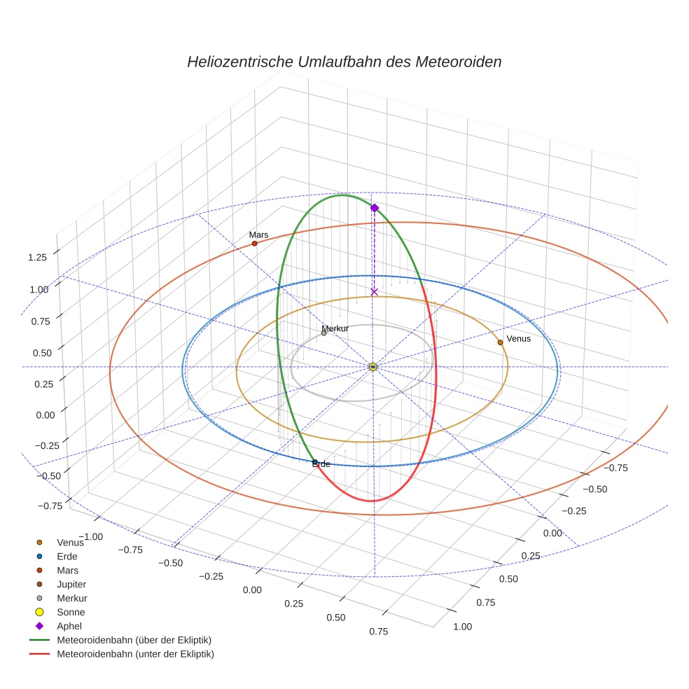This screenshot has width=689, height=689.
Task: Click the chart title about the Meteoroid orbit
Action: tap(344, 62)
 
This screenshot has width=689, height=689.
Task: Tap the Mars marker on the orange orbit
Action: tap(254, 243)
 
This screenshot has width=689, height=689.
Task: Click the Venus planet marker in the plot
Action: tap(500, 342)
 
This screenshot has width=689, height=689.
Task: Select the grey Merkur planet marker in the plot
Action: tap(323, 333)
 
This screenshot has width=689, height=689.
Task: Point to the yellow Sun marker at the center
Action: tap(373, 367)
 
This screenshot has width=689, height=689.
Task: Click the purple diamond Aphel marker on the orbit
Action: tap(375, 208)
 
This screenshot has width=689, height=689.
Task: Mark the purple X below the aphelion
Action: tap(374, 291)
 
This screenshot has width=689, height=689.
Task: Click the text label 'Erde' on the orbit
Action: tap(321, 464)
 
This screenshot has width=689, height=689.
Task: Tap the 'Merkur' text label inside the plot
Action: tap(335, 328)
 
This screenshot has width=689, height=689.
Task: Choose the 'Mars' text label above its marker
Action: tap(258, 235)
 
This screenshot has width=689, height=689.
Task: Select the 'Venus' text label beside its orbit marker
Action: tap(518, 339)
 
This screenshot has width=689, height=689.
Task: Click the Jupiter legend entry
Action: tap(72, 584)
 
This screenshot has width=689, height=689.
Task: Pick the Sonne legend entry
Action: tap(71, 612)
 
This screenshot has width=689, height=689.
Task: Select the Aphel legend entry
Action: tap(69, 626)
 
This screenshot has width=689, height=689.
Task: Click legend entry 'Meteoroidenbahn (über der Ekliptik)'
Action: tap(134, 640)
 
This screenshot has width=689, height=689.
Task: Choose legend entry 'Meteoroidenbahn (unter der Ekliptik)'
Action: tap(135, 654)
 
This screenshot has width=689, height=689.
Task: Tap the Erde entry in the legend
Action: tap(67, 556)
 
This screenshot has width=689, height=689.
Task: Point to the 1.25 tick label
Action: tap(38, 258)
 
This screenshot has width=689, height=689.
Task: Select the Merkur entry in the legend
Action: tap(71, 598)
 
